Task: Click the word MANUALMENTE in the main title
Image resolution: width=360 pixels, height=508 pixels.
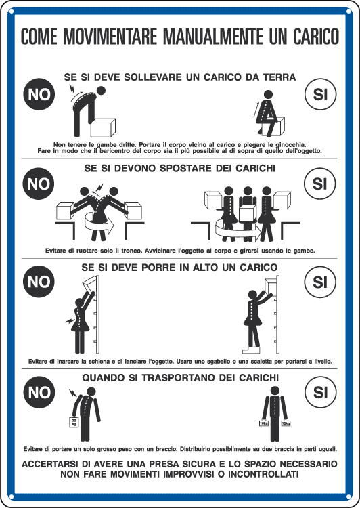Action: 214,37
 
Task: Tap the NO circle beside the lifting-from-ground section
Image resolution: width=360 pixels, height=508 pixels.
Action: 39,94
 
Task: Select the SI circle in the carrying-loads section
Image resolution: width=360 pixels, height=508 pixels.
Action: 320,392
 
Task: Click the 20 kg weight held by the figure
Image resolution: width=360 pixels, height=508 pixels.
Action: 74,422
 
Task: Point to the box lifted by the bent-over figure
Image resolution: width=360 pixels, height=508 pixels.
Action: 103,127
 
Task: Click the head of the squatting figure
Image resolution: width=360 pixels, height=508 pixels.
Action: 268,94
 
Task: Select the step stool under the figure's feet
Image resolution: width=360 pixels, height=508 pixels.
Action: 251,350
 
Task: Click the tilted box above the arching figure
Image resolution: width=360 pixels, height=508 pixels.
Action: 90,284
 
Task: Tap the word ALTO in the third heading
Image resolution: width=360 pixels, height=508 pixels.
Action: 204,268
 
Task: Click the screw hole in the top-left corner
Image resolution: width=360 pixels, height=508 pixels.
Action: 12,12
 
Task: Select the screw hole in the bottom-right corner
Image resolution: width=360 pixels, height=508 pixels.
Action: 348,496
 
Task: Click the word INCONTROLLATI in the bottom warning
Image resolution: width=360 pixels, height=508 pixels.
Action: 263,474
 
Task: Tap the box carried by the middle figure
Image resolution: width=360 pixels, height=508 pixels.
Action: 248,213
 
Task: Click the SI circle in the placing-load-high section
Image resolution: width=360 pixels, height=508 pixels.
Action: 320,282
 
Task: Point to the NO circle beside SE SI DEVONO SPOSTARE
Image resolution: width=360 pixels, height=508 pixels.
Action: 39,184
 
